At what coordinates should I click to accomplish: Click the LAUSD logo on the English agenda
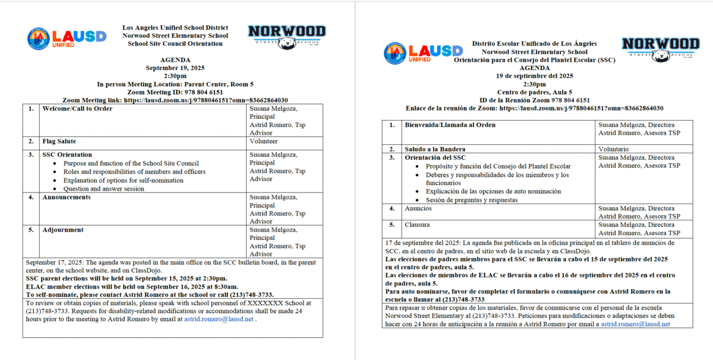(x=67, y=37)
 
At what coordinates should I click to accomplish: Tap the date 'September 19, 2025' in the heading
(x=175, y=68)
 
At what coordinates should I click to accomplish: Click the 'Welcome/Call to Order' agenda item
(x=77, y=109)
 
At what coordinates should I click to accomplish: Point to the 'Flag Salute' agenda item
(x=58, y=141)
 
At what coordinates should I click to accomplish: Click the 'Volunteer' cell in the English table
(x=263, y=141)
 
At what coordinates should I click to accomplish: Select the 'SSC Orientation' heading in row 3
(x=67, y=154)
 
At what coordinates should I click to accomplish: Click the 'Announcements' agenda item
(x=67, y=197)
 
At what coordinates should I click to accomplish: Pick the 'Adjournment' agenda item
(x=63, y=230)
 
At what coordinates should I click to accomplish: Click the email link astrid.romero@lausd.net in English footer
(x=219, y=319)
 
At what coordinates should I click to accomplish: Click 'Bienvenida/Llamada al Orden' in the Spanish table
(x=450, y=125)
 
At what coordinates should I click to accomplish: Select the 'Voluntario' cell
(x=614, y=149)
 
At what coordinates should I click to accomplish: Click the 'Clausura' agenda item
(x=418, y=225)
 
